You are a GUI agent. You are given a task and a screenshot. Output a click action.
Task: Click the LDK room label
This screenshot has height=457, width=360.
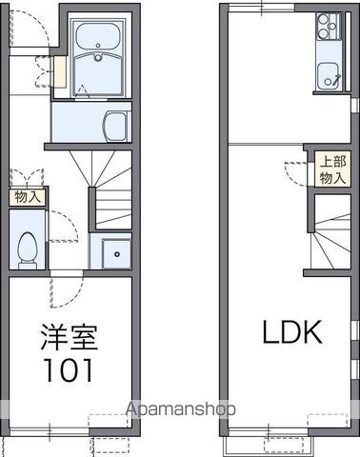[x=291, y=332]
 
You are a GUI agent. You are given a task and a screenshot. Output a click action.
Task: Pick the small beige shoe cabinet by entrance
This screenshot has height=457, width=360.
[x=60, y=71]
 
